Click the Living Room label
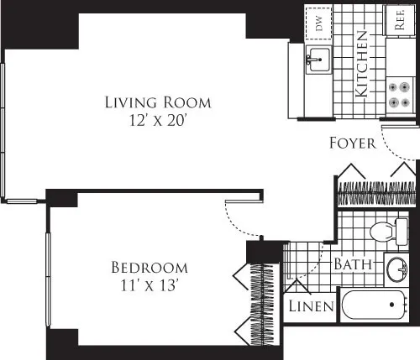[x=157, y=103]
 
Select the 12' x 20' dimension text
[x=157, y=120]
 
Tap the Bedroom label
[x=150, y=268]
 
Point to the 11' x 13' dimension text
[x=150, y=284]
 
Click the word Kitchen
[x=362, y=65]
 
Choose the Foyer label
[x=352, y=143]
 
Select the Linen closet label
[x=312, y=307]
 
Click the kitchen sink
[x=318, y=59]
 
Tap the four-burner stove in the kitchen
[x=400, y=92]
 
